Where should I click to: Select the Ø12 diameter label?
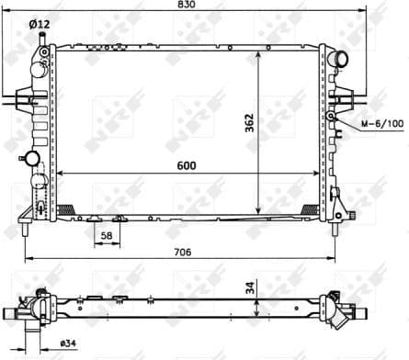point(40,23)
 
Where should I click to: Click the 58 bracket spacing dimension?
point(108,236)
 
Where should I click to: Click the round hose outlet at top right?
point(341,62)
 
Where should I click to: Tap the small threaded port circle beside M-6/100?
point(339,119)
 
